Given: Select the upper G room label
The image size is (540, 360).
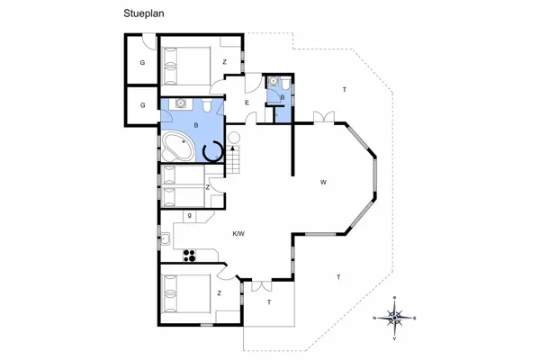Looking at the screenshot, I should [x=142, y=62].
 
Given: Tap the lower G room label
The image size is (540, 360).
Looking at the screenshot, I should [x=142, y=106].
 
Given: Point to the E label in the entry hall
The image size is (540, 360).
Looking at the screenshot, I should [x=247, y=103].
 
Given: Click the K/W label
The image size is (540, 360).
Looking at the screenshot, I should [x=239, y=234].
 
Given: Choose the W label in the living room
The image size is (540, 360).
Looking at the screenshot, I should [x=321, y=183].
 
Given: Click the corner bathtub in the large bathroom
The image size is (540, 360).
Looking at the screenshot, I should [x=176, y=147].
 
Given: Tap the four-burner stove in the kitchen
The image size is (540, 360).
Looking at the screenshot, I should [x=189, y=255].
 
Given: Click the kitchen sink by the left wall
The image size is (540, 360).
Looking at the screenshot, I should [x=167, y=238].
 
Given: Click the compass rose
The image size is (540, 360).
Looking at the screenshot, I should [x=395, y=316].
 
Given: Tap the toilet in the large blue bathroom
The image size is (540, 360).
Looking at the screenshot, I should [x=208, y=108].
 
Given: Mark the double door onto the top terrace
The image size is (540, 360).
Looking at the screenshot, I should [x=323, y=115].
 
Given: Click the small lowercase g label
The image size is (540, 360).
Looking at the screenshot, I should [x=188, y=216].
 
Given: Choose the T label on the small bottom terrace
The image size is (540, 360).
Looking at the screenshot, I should [x=268, y=303].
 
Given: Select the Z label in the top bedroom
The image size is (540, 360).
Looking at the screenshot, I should [x=224, y=62].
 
